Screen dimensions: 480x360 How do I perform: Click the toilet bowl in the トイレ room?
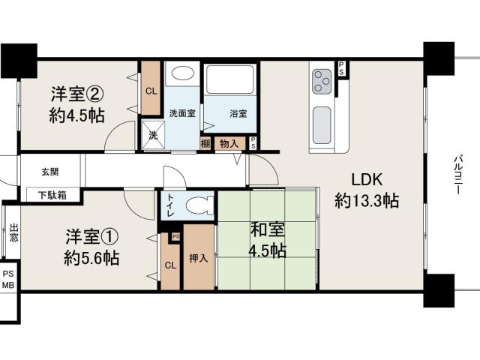click(199, 205)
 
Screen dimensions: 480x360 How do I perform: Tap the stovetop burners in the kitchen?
click(322, 82)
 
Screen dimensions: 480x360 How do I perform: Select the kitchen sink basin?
click(322, 125)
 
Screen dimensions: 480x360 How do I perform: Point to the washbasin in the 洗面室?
click(182, 73)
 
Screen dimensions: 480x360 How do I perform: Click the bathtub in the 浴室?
click(230, 79)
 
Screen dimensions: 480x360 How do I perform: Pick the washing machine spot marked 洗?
click(153, 135)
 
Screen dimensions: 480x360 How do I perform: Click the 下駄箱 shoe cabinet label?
click(52, 195)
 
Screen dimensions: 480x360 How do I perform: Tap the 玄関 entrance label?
click(50, 172)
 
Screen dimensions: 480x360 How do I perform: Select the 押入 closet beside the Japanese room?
click(198, 258)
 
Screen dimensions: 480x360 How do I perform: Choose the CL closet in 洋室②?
click(151, 91)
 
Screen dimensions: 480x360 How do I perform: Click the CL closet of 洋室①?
click(170, 265)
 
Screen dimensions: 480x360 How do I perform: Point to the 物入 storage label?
click(229, 143)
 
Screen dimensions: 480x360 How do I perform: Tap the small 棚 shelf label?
click(205, 143)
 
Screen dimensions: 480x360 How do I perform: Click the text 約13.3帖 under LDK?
click(367, 201)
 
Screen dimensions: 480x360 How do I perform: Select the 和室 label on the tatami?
click(268, 229)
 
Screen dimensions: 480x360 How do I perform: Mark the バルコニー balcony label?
click(458, 175)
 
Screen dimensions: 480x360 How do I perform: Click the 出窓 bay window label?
click(13, 232)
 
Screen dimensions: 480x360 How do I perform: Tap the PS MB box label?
click(8, 280)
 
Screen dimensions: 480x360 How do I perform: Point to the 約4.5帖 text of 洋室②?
click(76, 115)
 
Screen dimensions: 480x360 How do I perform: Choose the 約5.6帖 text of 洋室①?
click(91, 258)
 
